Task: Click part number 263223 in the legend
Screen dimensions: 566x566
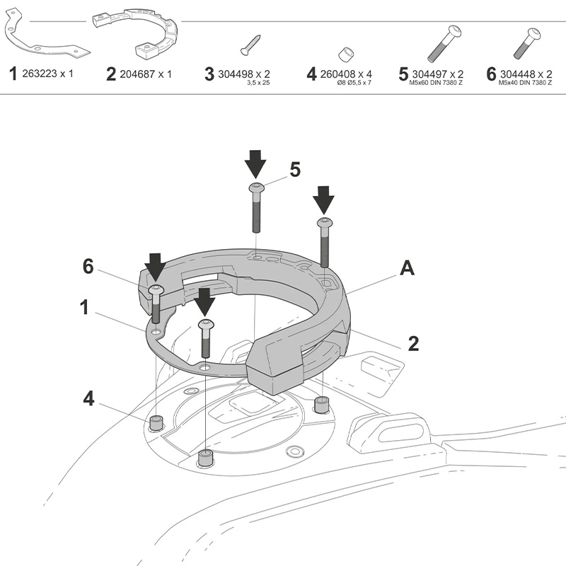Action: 49,74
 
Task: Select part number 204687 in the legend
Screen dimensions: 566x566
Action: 145,74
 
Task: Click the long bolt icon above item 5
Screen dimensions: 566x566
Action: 443,43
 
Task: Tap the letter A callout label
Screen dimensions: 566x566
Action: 407,268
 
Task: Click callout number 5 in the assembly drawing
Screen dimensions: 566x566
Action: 295,170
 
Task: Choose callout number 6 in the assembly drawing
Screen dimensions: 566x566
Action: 88,266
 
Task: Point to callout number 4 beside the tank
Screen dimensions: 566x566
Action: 88,398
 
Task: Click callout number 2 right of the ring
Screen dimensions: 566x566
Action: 413,344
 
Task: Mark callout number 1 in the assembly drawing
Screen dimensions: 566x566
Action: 84,307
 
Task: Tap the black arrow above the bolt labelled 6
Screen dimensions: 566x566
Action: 155,267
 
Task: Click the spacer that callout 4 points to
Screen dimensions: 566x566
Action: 156,423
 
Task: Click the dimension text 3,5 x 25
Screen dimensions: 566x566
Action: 259,83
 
